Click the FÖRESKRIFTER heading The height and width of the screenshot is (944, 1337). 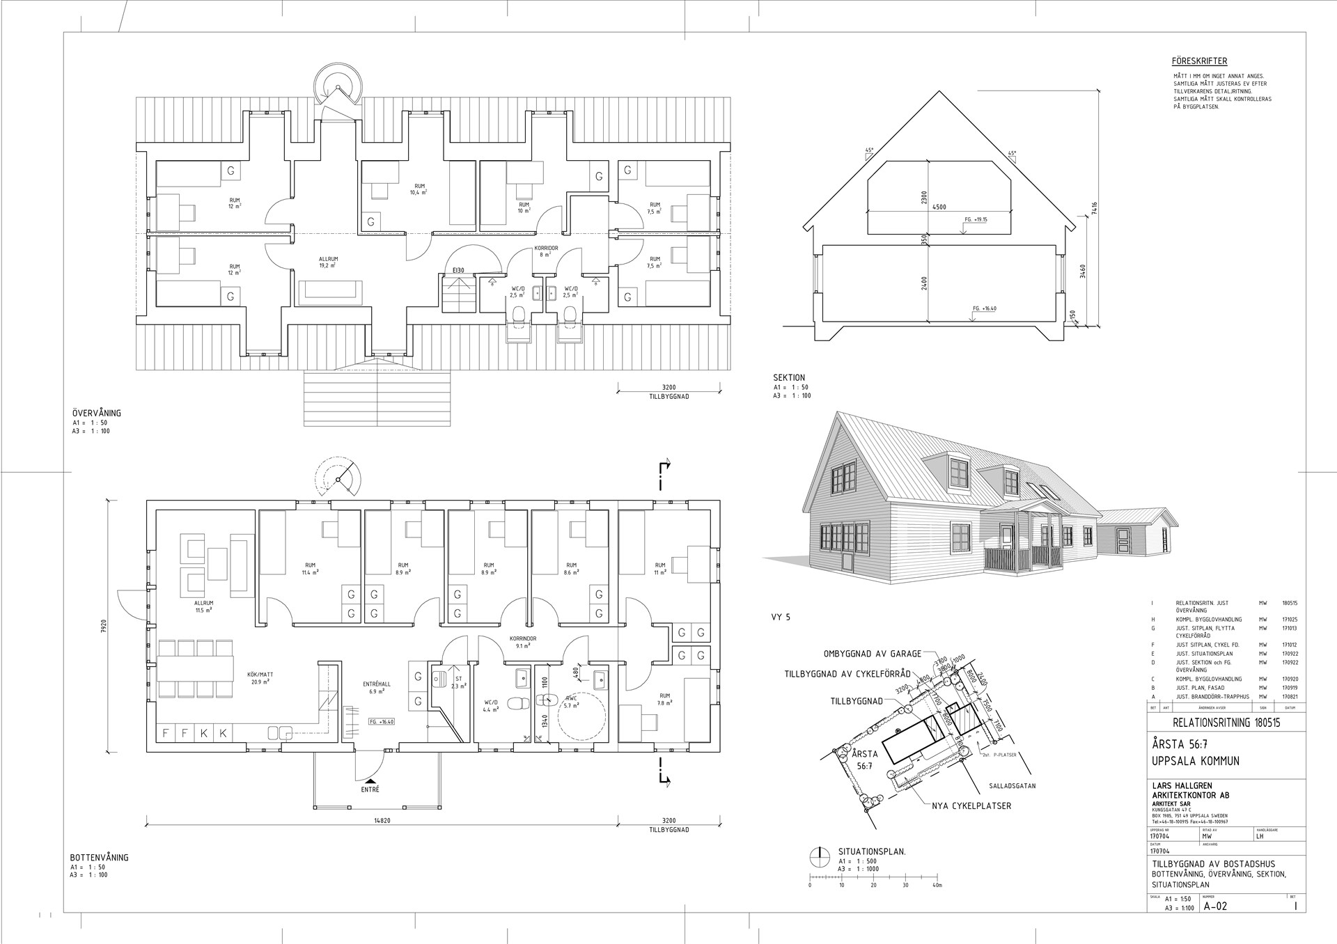click(1199, 61)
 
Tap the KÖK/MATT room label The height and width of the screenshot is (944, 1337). click(260, 675)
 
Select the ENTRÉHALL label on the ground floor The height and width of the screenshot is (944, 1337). click(377, 684)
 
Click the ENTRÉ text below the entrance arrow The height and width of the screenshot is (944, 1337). click(370, 790)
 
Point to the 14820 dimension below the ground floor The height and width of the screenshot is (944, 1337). click(382, 821)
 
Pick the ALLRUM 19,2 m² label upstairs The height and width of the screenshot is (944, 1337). click(328, 262)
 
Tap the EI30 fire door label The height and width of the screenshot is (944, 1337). click(458, 270)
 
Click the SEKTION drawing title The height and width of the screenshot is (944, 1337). click(789, 378)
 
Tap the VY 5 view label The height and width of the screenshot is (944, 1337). click(781, 617)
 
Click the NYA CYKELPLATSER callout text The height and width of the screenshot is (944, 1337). click(971, 806)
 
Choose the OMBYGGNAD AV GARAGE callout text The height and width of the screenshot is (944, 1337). click(873, 654)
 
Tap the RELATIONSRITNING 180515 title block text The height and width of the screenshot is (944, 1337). click(1226, 723)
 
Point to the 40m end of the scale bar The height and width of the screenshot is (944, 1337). click(937, 886)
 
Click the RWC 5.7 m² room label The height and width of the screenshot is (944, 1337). click(571, 702)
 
